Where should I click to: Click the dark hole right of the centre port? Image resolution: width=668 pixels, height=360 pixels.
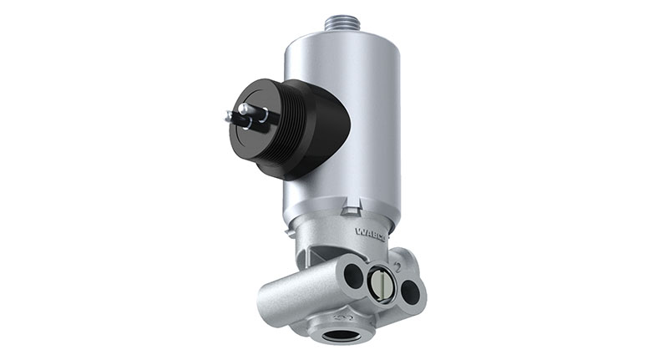[x=410, y=292]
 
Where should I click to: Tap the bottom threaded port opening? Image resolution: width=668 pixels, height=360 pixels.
[x=340, y=337]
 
